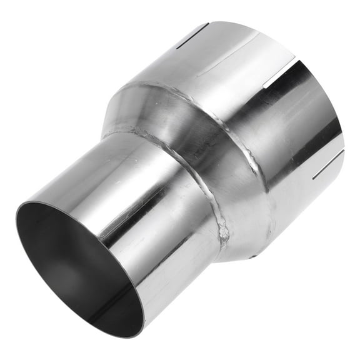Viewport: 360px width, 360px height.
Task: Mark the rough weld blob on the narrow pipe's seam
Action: click(x=223, y=232)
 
